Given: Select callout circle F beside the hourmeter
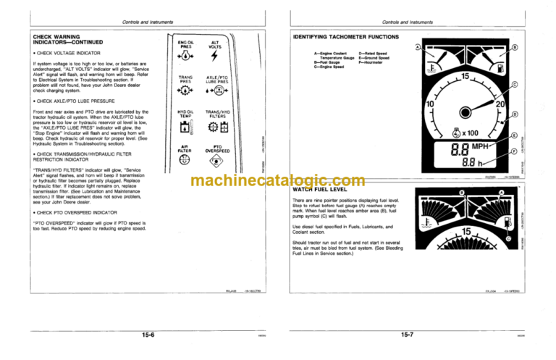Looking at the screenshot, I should (x=514, y=151).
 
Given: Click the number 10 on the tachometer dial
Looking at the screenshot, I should (x=429, y=106).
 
